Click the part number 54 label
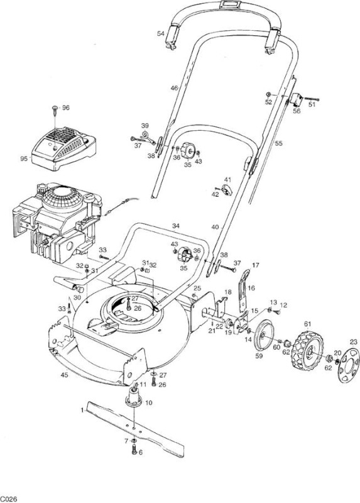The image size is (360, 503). [161, 33]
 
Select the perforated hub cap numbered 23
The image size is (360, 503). [349, 365]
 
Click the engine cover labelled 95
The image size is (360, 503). [64, 148]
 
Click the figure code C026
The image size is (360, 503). [8, 499]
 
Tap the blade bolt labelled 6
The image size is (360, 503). [134, 450]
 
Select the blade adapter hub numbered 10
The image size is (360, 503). [134, 397]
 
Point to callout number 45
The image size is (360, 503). [65, 375]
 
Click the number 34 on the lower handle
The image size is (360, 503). [176, 226]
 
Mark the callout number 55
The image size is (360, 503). [278, 143]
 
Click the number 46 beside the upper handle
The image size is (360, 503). [174, 87]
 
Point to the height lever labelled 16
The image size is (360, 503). [244, 291]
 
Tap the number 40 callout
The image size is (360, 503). [215, 227]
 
